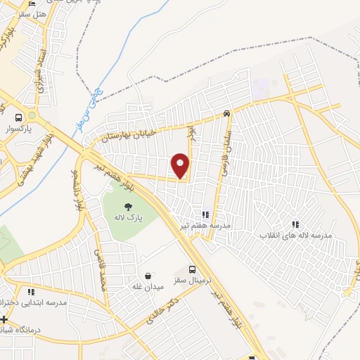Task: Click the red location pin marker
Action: pos(181,166)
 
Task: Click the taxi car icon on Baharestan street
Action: pos(226,113)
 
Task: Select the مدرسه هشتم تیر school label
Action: pos(205,225)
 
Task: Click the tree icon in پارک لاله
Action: pos(129,207)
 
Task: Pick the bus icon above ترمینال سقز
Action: pos(194,269)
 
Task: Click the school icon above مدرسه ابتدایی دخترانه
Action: pos(30,292)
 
